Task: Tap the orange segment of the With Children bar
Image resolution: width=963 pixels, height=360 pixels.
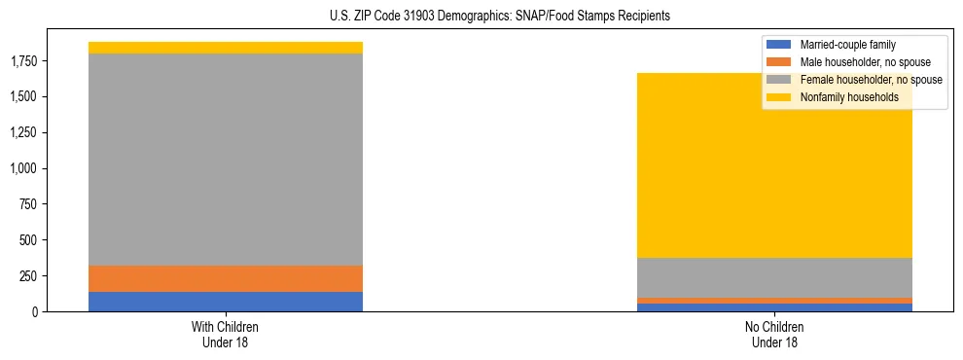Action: (x=226, y=278)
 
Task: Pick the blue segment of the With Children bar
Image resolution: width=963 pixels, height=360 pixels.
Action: (x=226, y=302)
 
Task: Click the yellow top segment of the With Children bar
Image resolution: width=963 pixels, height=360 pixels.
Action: (x=226, y=48)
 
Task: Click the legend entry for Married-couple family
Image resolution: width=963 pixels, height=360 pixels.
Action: (x=847, y=45)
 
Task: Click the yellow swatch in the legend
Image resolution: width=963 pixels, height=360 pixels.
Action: (x=779, y=97)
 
